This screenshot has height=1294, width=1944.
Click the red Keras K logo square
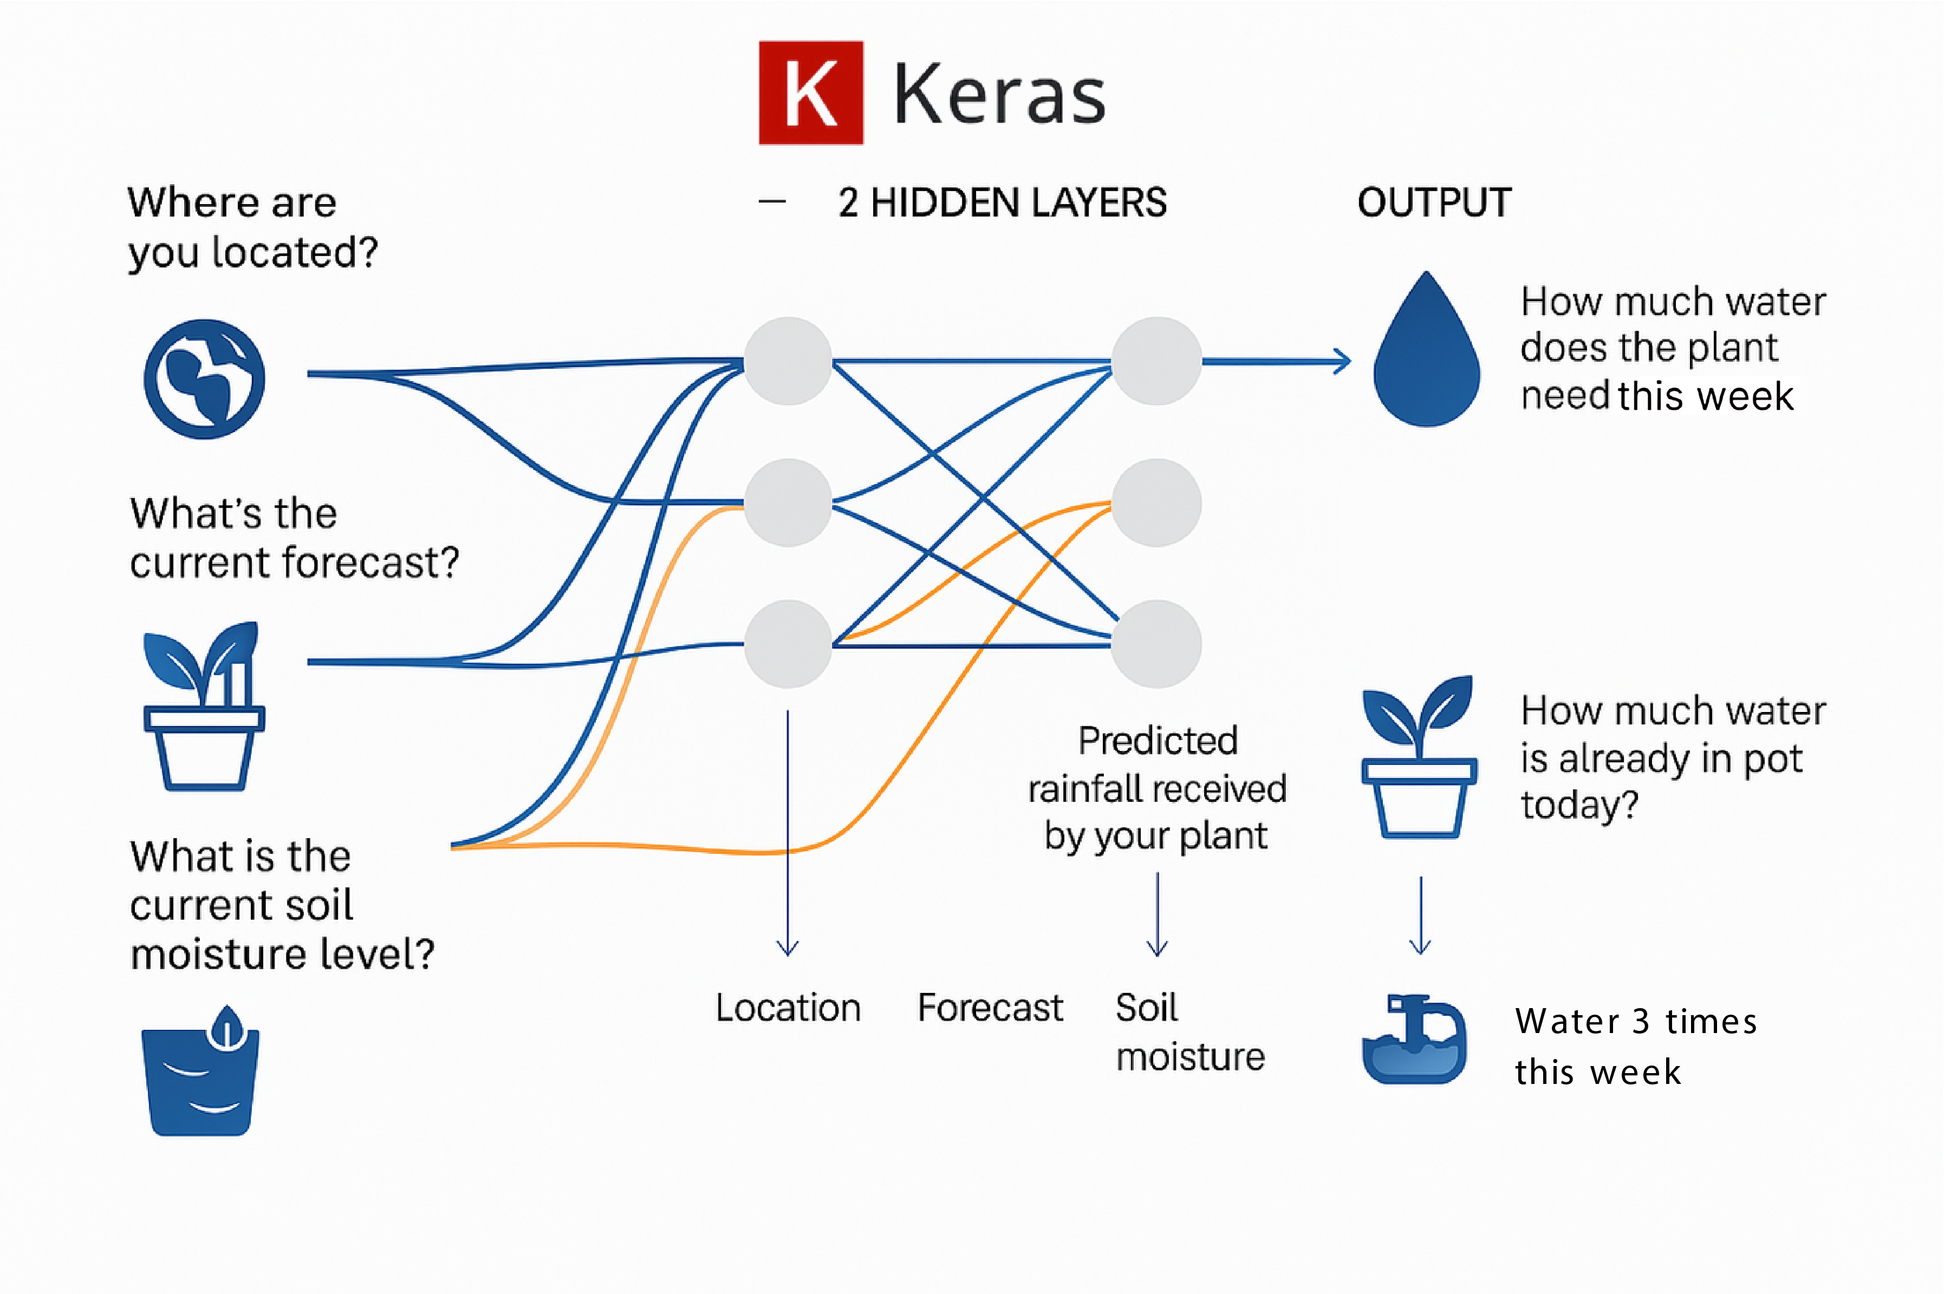811,93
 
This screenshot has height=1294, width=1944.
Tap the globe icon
205,379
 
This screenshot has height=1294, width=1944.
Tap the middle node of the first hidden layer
788,502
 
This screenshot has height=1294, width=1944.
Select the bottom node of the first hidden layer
788,644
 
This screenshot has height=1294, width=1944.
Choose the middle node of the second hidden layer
1156,502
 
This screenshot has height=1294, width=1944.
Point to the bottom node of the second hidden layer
1156,644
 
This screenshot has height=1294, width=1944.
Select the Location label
788,1008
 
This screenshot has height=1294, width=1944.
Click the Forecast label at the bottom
990,1008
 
